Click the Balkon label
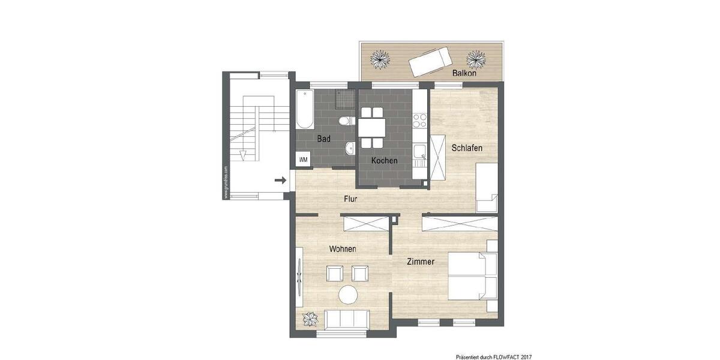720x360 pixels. click(464, 73)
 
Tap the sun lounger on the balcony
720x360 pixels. click(430, 61)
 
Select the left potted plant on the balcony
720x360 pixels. click(379, 59)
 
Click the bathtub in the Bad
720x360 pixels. click(304, 109)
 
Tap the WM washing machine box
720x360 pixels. click(304, 160)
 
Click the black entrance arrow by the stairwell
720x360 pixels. click(280, 179)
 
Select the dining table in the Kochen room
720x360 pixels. click(372, 127)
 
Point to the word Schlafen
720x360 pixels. click(467, 148)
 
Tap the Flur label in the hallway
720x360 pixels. click(351, 199)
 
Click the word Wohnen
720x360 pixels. click(343, 248)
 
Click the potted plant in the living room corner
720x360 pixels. click(310, 319)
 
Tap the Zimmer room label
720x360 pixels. click(420, 262)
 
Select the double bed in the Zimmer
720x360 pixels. click(473, 276)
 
